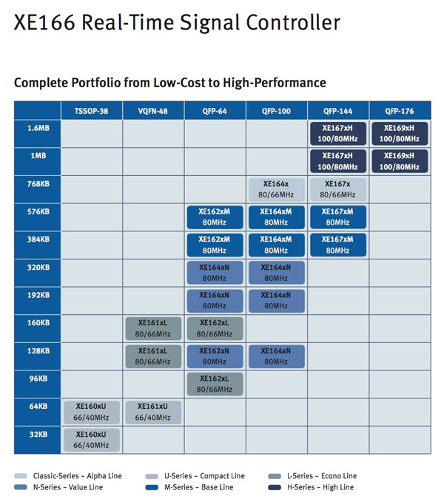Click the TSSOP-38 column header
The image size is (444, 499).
(92, 111)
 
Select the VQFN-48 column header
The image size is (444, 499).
(153, 111)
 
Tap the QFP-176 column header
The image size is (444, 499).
(400, 111)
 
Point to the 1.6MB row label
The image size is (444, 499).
(37, 129)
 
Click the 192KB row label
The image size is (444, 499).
(37, 295)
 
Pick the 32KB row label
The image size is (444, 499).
(37, 434)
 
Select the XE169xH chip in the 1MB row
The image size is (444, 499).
(400, 162)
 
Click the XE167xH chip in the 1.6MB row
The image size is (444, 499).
(338, 134)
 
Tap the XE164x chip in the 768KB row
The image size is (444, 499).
(277, 189)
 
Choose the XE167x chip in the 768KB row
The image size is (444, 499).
(338, 189)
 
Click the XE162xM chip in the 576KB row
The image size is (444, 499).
(215, 217)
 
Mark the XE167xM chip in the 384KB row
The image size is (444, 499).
(338, 245)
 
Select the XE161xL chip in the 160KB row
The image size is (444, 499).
(153, 328)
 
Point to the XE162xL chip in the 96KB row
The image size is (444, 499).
(215, 384)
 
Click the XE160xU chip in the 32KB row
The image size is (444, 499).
(92, 439)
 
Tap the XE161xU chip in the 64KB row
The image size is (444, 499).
(153, 412)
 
